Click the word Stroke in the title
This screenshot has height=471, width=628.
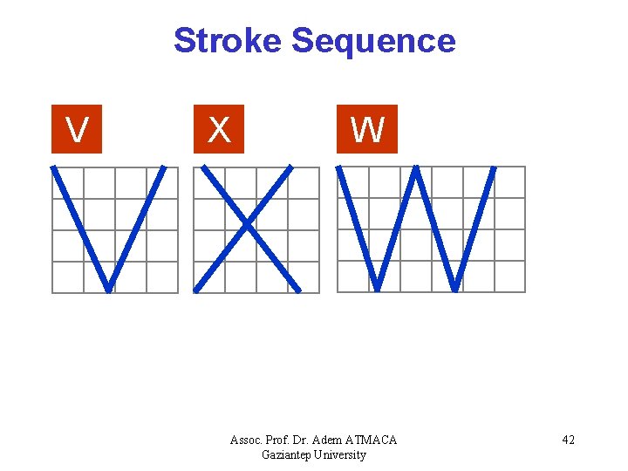pyautogui.click(x=229, y=41)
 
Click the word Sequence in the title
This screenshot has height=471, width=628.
pyautogui.click(x=373, y=41)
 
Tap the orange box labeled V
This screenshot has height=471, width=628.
pyautogui.click(x=77, y=130)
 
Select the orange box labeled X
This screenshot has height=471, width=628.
pyautogui.click(x=219, y=130)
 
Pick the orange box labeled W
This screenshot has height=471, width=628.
pyautogui.click(x=367, y=130)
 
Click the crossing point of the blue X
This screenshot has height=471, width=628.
pyautogui.click(x=248, y=227)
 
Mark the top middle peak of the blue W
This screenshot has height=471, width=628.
pyautogui.click(x=417, y=168)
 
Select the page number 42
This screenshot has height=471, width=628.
pyautogui.click(x=568, y=440)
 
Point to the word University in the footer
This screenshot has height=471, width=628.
pyautogui.click(x=341, y=454)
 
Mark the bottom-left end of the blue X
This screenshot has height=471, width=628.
pyautogui.click(x=196, y=289)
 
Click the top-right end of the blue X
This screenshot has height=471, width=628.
pyautogui.click(x=290, y=168)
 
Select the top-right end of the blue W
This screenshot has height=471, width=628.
pyautogui.click(x=494, y=168)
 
